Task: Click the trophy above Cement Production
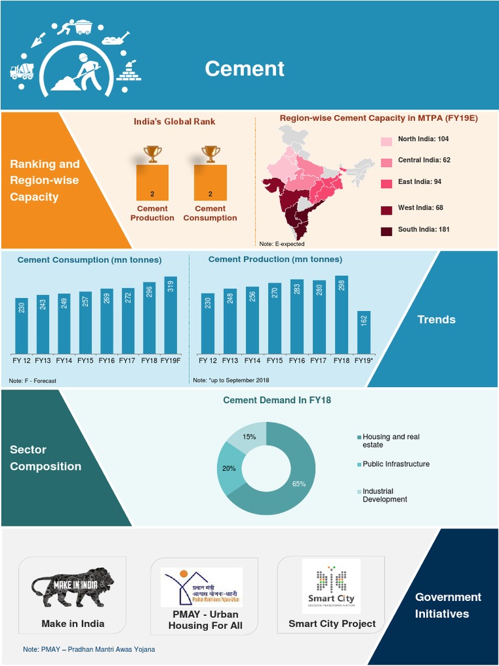[153, 153]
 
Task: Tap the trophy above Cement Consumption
[211, 153]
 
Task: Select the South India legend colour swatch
[387, 230]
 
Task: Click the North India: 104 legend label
[423, 139]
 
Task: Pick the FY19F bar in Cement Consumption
[171, 315]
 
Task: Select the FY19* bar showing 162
[364, 332]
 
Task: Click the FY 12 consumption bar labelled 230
[21, 325]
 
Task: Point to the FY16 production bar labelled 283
[297, 317]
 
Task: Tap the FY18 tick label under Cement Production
[341, 360]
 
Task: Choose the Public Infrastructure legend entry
[396, 464]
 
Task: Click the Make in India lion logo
[73, 587]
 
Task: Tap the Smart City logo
[331, 586]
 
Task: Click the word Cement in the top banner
[245, 68]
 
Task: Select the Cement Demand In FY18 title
[277, 400]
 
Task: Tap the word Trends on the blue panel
[436, 319]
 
